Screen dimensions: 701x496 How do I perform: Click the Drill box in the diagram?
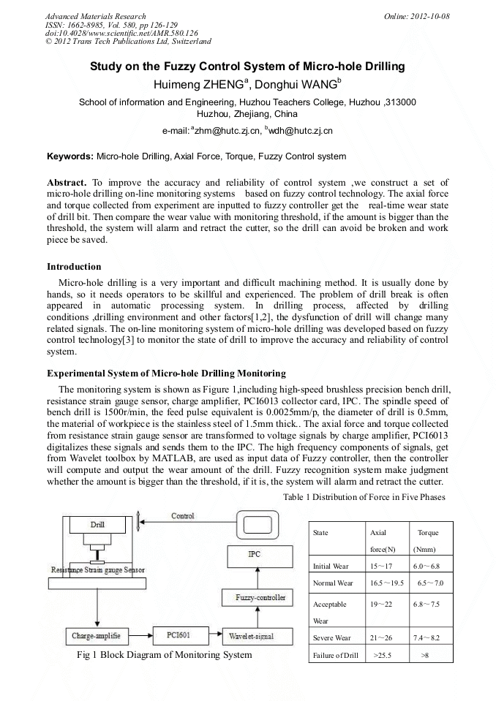tap(97, 525)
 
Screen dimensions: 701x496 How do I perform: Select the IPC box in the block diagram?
tap(254, 555)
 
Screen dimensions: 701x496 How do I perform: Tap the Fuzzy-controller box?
tap(254, 598)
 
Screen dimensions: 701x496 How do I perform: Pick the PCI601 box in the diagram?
tap(179, 636)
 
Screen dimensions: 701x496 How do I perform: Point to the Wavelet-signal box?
tap(251, 636)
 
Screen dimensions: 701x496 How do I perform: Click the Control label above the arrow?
tap(182, 516)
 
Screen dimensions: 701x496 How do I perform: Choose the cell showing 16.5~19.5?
tap(387, 583)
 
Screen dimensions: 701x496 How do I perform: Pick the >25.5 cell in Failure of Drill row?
tap(383, 656)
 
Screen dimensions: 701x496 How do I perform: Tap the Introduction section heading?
tap(74, 266)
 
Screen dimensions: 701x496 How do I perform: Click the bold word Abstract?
tap(67, 182)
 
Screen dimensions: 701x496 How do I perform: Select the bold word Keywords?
tap(70, 156)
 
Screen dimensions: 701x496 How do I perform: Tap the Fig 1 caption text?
tap(164, 655)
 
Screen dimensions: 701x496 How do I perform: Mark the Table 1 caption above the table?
tap(364, 498)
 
